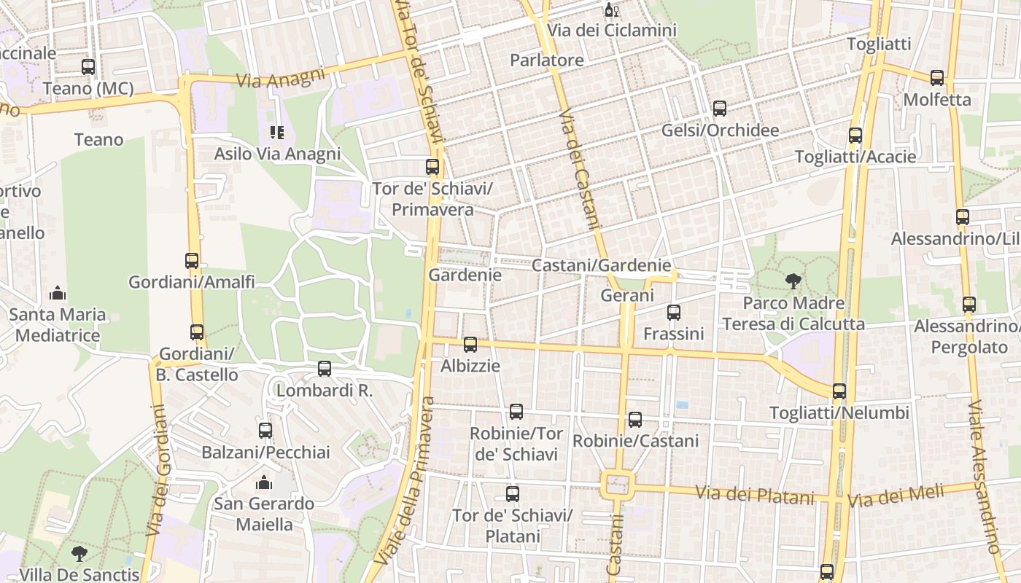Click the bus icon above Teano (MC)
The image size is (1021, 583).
click(88, 67)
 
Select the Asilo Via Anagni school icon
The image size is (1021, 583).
click(277, 132)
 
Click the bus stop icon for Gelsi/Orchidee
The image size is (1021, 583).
click(720, 109)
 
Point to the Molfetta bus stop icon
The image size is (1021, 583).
click(937, 77)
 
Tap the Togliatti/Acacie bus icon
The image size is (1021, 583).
click(855, 136)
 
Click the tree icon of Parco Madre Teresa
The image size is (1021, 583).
click(793, 281)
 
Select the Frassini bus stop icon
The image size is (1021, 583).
click(674, 313)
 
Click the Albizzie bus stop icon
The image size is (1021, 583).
click(470, 345)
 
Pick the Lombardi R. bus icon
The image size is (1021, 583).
click(325, 369)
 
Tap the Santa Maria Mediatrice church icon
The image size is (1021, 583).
click(58, 294)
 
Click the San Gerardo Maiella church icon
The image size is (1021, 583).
click(264, 482)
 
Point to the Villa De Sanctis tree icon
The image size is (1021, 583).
click(79, 553)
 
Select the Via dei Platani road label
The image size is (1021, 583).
click(754, 496)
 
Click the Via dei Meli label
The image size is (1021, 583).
click(896, 497)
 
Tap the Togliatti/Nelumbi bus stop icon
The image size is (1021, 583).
click(839, 391)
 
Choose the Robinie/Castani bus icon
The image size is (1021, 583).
click(635, 420)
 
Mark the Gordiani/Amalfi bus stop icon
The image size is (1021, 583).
click(192, 260)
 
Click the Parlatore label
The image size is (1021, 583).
click(547, 60)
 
